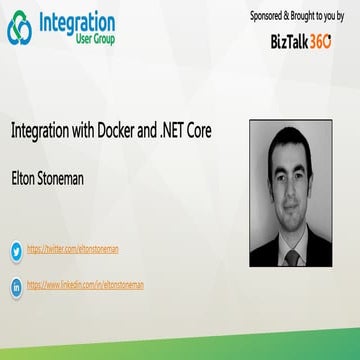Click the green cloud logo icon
click(22, 30)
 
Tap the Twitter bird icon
click(16, 251)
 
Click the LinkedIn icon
click(16, 285)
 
